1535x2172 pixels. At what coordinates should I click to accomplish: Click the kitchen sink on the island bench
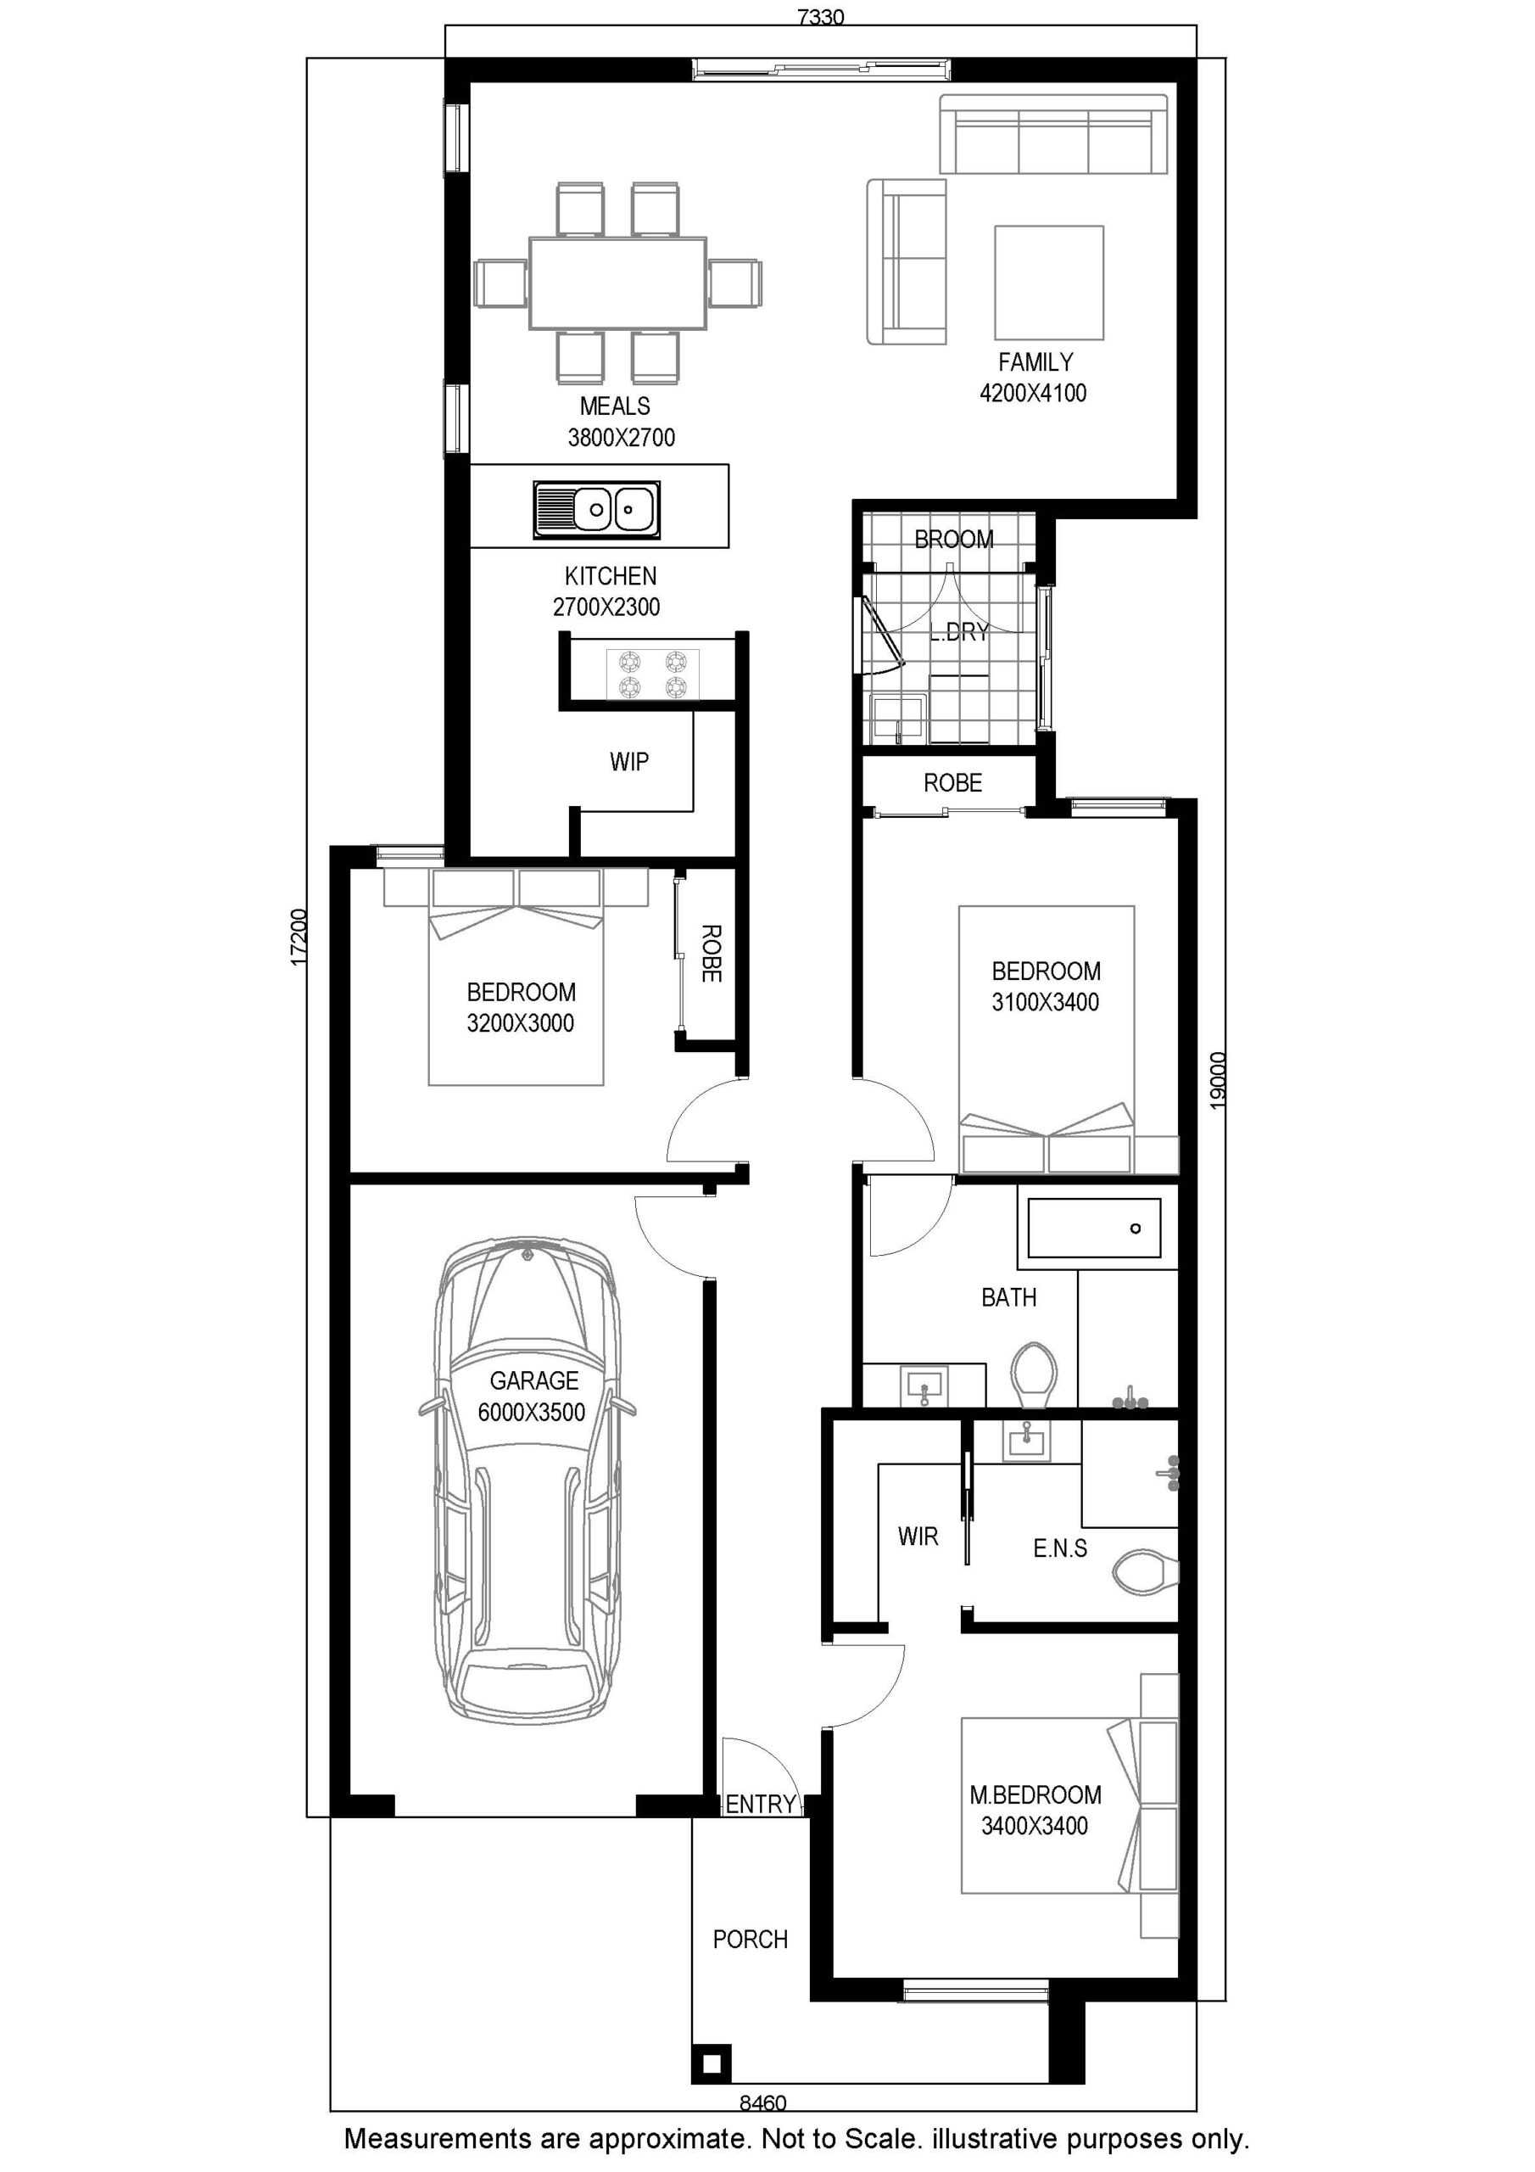point(596,510)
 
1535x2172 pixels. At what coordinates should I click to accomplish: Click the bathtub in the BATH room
point(1094,1228)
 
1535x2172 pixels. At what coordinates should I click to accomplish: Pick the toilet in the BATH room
point(1034,1374)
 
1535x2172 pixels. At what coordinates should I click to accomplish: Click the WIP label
point(629,762)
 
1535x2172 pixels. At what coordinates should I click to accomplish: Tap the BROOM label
point(953,540)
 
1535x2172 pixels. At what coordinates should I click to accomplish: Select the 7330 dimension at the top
point(820,17)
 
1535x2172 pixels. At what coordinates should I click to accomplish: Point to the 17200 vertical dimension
point(298,938)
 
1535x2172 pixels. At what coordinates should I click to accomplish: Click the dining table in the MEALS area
point(617,283)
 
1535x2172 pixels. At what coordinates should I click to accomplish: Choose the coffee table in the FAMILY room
point(1049,282)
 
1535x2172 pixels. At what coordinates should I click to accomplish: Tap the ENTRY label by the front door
point(761,1804)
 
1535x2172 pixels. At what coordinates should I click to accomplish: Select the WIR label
point(918,1537)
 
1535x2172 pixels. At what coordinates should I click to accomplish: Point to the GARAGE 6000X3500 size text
point(532,1413)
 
